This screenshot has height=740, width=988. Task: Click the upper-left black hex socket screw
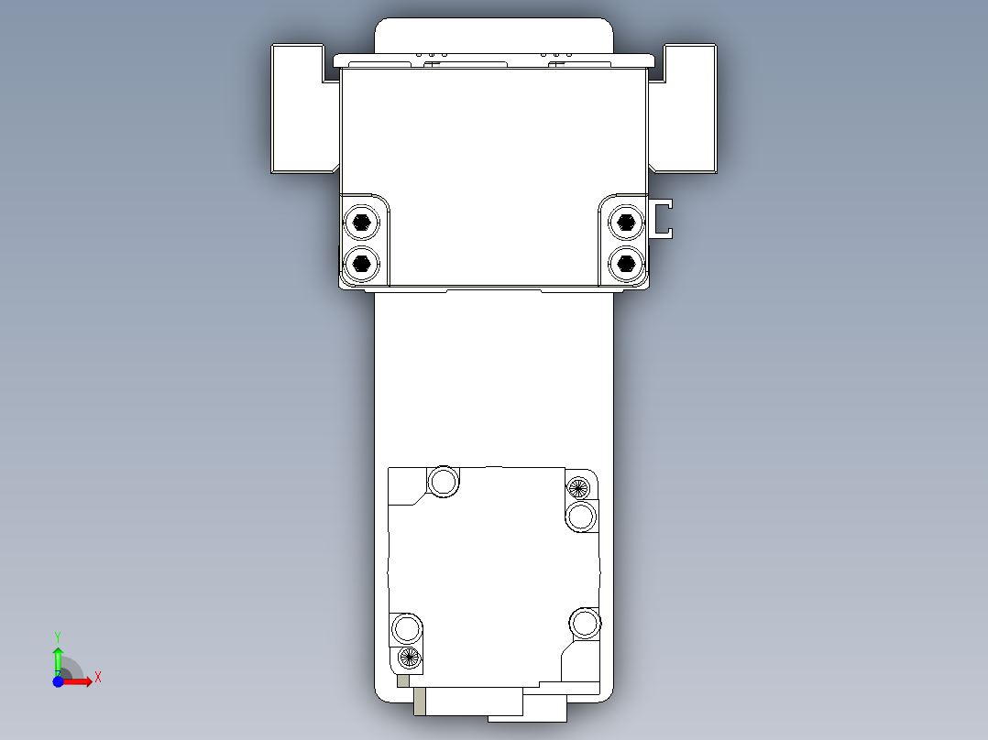(362, 222)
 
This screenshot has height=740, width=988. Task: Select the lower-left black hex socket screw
(362, 264)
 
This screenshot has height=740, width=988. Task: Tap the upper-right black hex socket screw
(626, 222)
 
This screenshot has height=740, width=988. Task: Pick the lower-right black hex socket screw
(626, 264)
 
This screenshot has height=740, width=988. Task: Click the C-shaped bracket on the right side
(663, 218)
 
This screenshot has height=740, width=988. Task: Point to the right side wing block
(686, 108)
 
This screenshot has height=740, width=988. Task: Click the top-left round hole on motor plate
(445, 481)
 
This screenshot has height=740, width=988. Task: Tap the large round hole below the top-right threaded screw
(581, 517)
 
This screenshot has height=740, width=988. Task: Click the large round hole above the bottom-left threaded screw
(407, 629)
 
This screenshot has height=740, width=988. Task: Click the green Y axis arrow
(58, 657)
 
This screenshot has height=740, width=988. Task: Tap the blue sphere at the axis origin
(58, 682)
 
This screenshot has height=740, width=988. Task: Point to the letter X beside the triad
(98, 678)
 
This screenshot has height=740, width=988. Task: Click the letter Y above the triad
(58, 635)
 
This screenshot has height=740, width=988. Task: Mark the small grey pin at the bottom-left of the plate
(404, 681)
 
